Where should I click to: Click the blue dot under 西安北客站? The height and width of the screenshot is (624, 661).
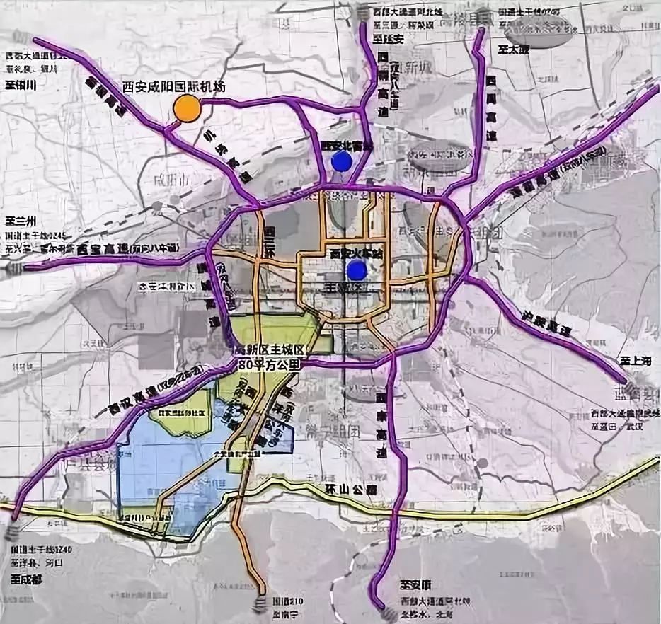click(x=341, y=161)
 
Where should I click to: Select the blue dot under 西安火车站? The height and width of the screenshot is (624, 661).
click(x=357, y=269)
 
